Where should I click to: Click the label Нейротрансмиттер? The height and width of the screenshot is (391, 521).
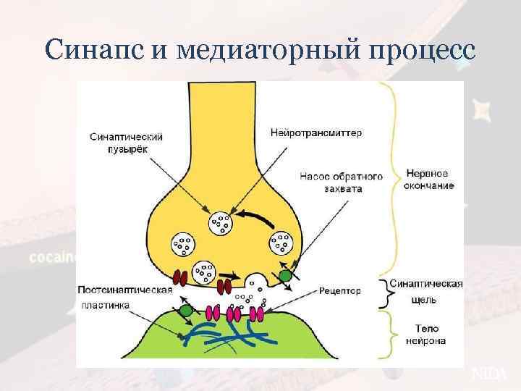316,133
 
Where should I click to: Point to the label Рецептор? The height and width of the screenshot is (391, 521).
339,290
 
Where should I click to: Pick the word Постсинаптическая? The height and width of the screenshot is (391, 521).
125,290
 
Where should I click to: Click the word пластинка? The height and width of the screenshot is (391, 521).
106,306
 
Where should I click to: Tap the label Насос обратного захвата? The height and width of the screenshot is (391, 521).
331,182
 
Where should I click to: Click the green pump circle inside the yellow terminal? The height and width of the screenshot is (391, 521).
286,275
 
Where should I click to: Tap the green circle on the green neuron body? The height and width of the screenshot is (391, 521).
187,311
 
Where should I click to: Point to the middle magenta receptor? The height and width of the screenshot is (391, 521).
234,314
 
